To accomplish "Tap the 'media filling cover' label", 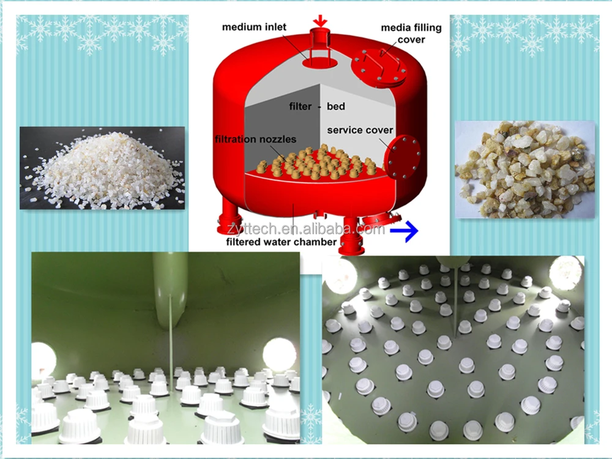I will (403, 34).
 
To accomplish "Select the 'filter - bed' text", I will (317, 106).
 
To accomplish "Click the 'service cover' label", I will (360, 130).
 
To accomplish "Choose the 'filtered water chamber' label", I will (282, 242).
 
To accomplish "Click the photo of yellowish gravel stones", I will (524, 170).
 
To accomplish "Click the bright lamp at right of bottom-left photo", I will (279, 354).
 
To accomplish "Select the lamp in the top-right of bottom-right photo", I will (566, 271).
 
